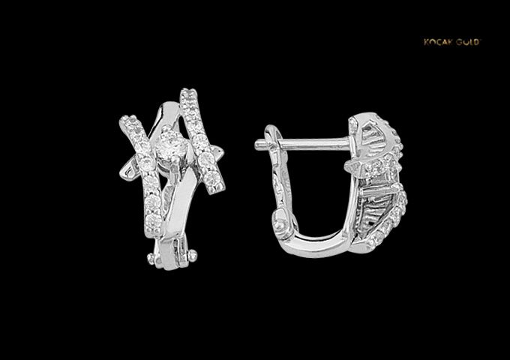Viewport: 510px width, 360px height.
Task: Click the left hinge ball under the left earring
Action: [x=150, y=259]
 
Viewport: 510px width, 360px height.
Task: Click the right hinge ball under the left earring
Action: [x=193, y=255]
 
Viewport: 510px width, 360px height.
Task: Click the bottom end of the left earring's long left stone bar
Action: [x=152, y=231]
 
